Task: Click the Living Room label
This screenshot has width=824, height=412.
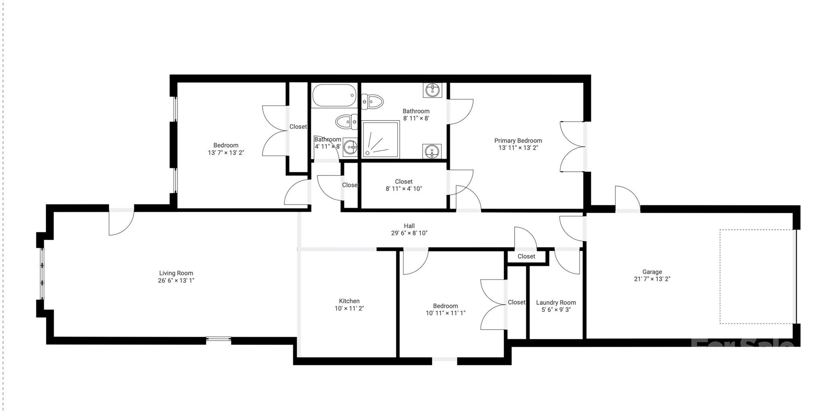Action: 176,273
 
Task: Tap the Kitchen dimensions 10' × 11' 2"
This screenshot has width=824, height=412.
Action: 349,309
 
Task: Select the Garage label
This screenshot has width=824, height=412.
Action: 652,272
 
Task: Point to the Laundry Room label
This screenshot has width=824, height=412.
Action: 556,303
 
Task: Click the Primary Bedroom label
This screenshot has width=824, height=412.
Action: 518,141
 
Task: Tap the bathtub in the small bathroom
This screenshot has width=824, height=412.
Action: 334,95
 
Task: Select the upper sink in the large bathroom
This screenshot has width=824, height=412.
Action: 432,90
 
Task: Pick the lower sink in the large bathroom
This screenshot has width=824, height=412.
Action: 432,151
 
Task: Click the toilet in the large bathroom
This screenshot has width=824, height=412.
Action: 372,101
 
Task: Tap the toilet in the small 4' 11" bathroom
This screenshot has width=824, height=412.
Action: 346,121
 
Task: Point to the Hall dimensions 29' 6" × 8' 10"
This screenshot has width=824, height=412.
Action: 409,233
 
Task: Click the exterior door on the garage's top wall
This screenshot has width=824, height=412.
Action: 627,199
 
